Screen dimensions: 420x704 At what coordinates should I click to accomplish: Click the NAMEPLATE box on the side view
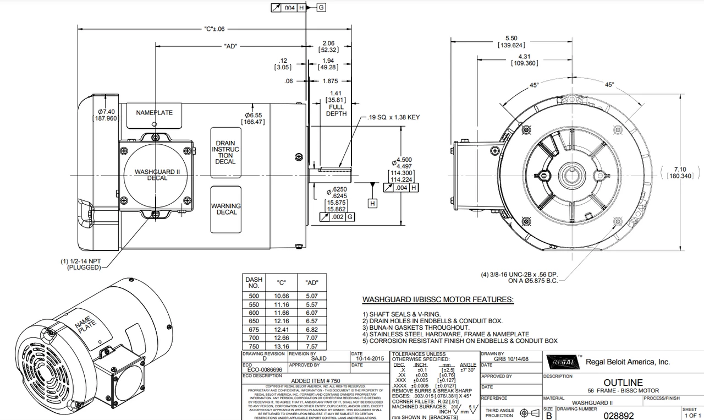(x=154, y=113)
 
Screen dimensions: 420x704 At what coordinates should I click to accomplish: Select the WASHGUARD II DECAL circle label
(x=157, y=174)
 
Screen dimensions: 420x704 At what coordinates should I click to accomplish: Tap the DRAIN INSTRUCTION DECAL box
(x=226, y=152)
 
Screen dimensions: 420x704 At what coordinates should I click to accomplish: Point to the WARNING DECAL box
(x=226, y=209)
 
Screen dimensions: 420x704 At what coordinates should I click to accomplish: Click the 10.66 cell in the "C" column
(x=282, y=296)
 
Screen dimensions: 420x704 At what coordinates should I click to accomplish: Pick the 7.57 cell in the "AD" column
(x=312, y=346)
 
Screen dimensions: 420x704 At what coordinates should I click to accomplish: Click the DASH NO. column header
(x=254, y=283)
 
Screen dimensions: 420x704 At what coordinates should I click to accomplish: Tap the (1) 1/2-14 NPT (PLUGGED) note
(x=81, y=264)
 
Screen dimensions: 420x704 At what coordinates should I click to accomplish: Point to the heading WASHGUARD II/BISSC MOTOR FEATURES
(x=438, y=300)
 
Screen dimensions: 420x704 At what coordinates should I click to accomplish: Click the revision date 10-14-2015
(x=367, y=358)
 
